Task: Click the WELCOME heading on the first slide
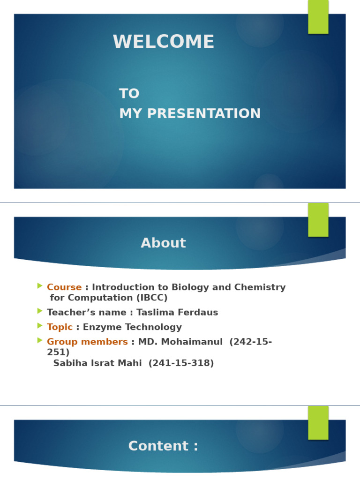coord(164,42)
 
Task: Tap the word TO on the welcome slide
coord(129,94)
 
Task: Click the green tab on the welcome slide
coord(318,17)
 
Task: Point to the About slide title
coord(163,243)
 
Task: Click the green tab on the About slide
coord(318,220)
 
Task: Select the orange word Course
coord(64,287)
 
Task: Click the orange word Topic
coord(60,327)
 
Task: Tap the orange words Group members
coord(87,342)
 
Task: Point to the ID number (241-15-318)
coord(181,363)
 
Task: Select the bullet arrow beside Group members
coord(40,340)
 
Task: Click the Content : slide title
coord(163,446)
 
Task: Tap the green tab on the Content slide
coord(318,422)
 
